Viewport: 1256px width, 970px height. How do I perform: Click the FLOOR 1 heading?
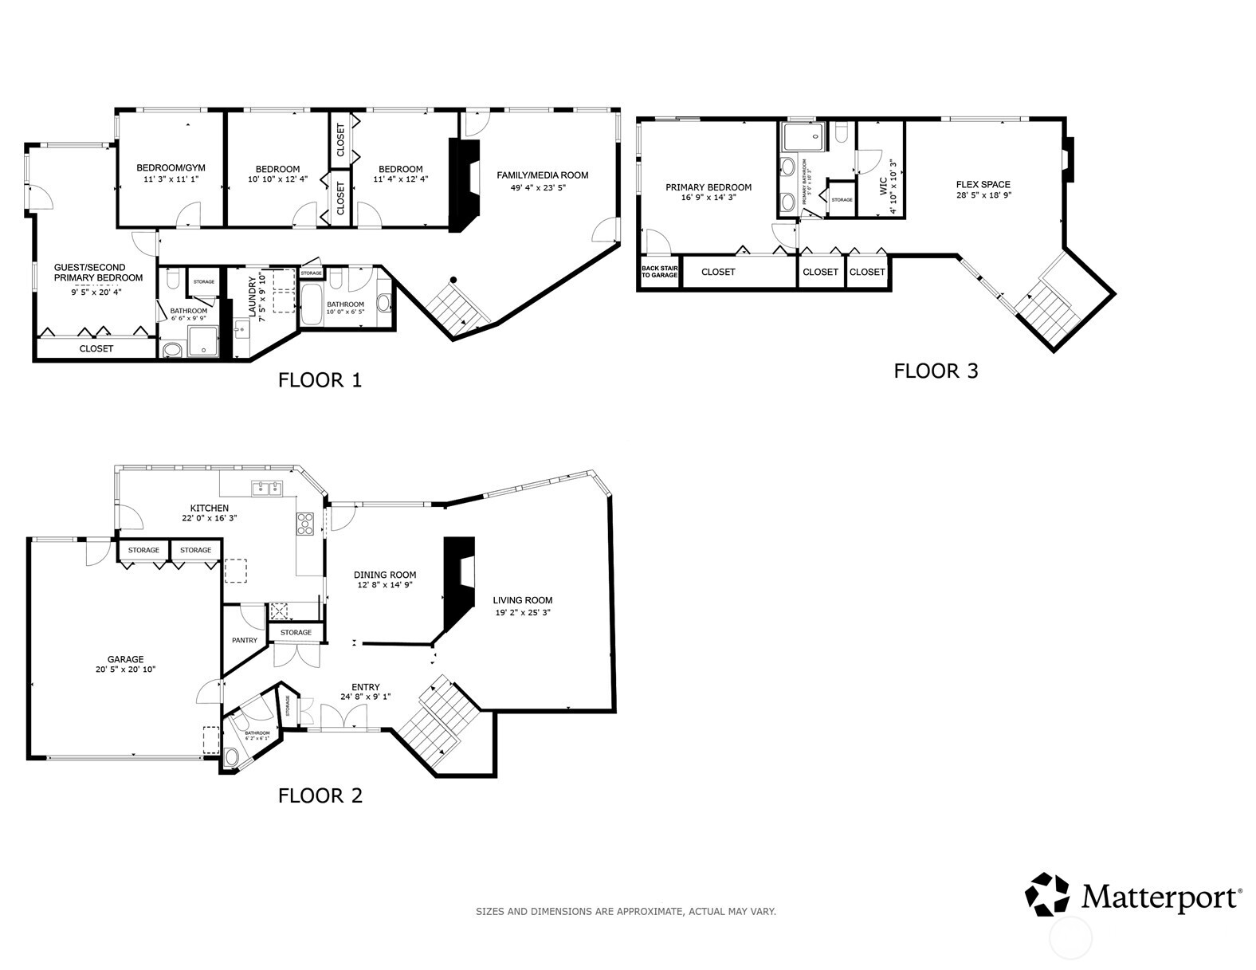click(320, 380)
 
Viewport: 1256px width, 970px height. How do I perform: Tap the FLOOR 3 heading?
click(935, 371)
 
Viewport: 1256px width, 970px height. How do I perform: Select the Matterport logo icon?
click(1046, 894)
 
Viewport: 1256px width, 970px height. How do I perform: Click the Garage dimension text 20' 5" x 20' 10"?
click(126, 670)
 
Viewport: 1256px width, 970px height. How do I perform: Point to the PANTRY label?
click(245, 640)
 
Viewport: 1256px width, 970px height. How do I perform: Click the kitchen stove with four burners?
click(305, 523)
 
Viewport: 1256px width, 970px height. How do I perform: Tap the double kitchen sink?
click(267, 488)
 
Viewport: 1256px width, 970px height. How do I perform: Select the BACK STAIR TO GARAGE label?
click(660, 272)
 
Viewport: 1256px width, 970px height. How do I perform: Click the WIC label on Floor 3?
click(882, 187)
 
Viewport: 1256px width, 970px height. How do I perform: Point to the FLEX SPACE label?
click(983, 184)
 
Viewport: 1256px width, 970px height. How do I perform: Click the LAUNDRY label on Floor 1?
click(253, 297)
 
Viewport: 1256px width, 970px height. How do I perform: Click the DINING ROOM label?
click(386, 575)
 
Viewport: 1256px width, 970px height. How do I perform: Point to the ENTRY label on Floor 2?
click(366, 687)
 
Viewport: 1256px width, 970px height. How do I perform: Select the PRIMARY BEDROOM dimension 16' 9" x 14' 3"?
click(708, 198)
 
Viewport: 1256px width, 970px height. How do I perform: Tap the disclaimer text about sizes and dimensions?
click(626, 911)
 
